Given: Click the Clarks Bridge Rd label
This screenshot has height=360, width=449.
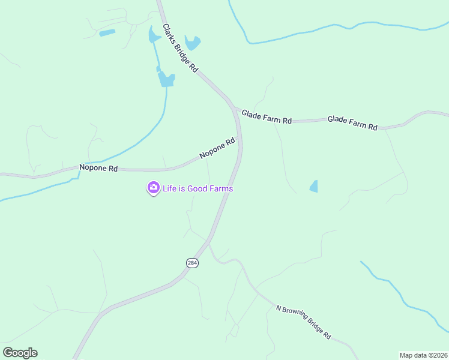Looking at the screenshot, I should [x=180, y=49].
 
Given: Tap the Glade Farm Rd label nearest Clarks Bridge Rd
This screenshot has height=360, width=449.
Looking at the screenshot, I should [x=267, y=117].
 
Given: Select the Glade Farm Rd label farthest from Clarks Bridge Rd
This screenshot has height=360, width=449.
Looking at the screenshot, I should [x=352, y=123].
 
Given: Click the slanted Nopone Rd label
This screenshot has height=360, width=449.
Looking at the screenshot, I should [x=217, y=149].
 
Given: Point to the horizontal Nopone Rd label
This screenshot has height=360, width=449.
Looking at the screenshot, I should [x=98, y=169].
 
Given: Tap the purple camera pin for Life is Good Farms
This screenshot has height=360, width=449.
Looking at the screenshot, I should [x=153, y=188].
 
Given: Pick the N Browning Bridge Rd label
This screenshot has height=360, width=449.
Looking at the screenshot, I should [x=304, y=322].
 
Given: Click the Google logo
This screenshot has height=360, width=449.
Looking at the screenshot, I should [x=20, y=353].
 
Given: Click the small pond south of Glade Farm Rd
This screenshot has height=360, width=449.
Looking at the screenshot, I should [x=313, y=187].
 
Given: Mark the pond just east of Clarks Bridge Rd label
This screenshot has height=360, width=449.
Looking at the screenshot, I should [x=193, y=43].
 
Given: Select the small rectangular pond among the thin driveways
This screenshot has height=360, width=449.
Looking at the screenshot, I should [x=107, y=32].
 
